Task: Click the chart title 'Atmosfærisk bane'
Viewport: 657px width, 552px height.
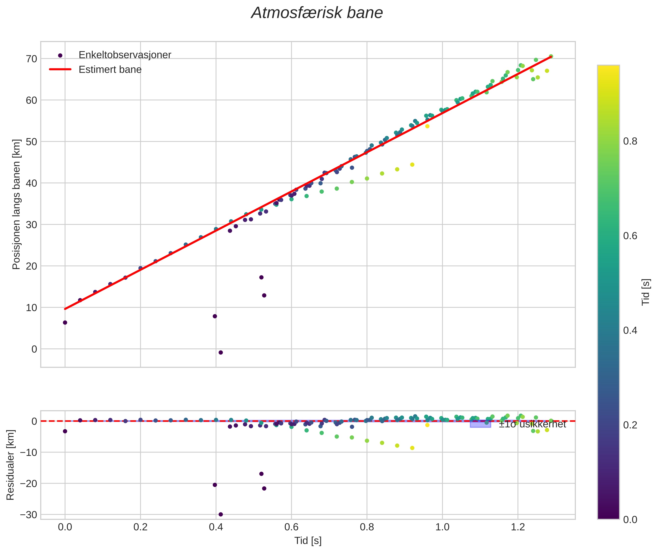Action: [x=317, y=13]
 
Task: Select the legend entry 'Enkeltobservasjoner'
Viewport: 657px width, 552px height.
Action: [x=125, y=55]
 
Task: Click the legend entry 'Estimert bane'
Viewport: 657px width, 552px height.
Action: [x=110, y=70]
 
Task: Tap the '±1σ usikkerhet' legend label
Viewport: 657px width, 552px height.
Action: [x=532, y=424]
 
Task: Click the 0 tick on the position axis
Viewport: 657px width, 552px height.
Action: [x=34, y=349]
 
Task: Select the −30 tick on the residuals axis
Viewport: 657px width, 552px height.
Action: [x=28, y=515]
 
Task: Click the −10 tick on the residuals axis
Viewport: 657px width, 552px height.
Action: [x=28, y=452]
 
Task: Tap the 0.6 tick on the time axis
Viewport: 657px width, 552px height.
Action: [x=291, y=527]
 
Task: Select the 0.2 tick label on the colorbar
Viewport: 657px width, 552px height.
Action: [x=630, y=425]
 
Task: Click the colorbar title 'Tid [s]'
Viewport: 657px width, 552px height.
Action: [x=645, y=292]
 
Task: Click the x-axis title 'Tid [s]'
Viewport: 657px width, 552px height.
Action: [x=308, y=541]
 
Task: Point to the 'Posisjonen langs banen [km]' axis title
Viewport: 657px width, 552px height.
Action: [x=16, y=204]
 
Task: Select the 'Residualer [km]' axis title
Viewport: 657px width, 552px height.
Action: [x=10, y=465]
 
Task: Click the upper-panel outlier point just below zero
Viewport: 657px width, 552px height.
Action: [x=221, y=353]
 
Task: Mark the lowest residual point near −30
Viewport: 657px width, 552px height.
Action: [x=221, y=514]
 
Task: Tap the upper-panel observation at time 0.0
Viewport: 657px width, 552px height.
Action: [x=65, y=323]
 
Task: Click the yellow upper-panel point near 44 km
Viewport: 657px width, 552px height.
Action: [x=412, y=165]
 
